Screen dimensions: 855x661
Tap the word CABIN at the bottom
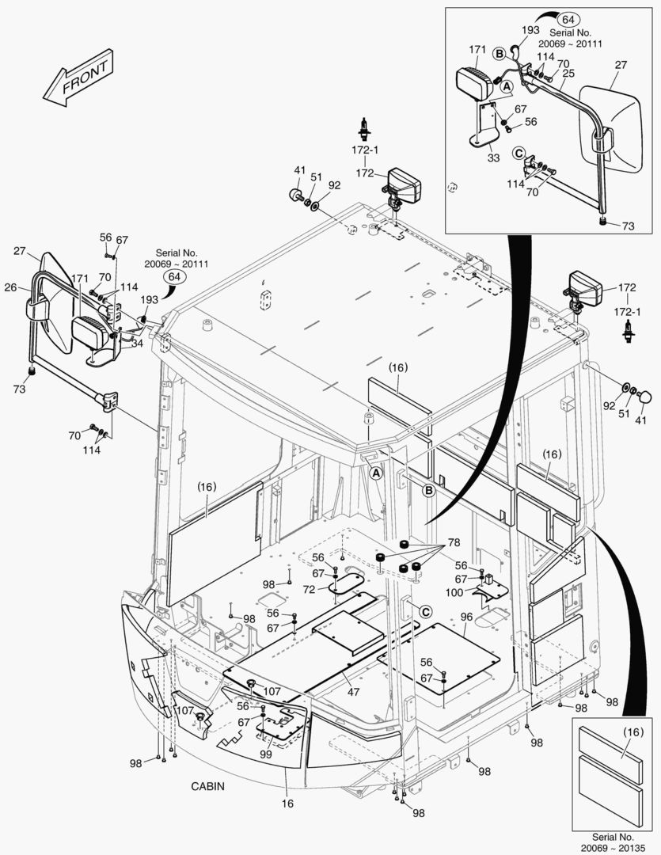208,786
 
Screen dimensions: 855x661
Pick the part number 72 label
309,590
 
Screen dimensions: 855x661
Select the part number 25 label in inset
568,73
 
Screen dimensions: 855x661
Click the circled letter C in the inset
518,154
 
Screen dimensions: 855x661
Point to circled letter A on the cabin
376,473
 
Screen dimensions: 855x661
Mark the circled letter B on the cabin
429,491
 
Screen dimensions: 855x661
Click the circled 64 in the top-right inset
567,19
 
